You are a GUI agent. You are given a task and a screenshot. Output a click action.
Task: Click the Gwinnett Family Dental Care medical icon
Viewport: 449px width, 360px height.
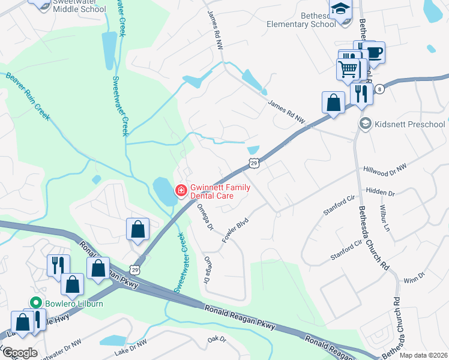[179, 191]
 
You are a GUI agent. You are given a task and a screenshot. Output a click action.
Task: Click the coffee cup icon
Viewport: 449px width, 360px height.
[373, 53]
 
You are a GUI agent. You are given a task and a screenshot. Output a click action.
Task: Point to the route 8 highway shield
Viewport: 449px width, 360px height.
[379, 89]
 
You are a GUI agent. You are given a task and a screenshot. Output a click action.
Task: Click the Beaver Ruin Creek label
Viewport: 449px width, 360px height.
[28, 96]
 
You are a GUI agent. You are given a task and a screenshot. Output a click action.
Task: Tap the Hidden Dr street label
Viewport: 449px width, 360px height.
[380, 193]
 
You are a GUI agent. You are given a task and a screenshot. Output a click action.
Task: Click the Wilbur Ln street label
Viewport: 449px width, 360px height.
[384, 219]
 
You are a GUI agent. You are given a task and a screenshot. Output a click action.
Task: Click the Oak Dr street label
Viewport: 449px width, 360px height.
[216, 339]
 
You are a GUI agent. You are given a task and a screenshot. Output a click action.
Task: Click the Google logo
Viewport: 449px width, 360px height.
[20, 353]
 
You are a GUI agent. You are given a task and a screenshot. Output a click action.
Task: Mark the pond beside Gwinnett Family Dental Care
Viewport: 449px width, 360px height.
[161, 191]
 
